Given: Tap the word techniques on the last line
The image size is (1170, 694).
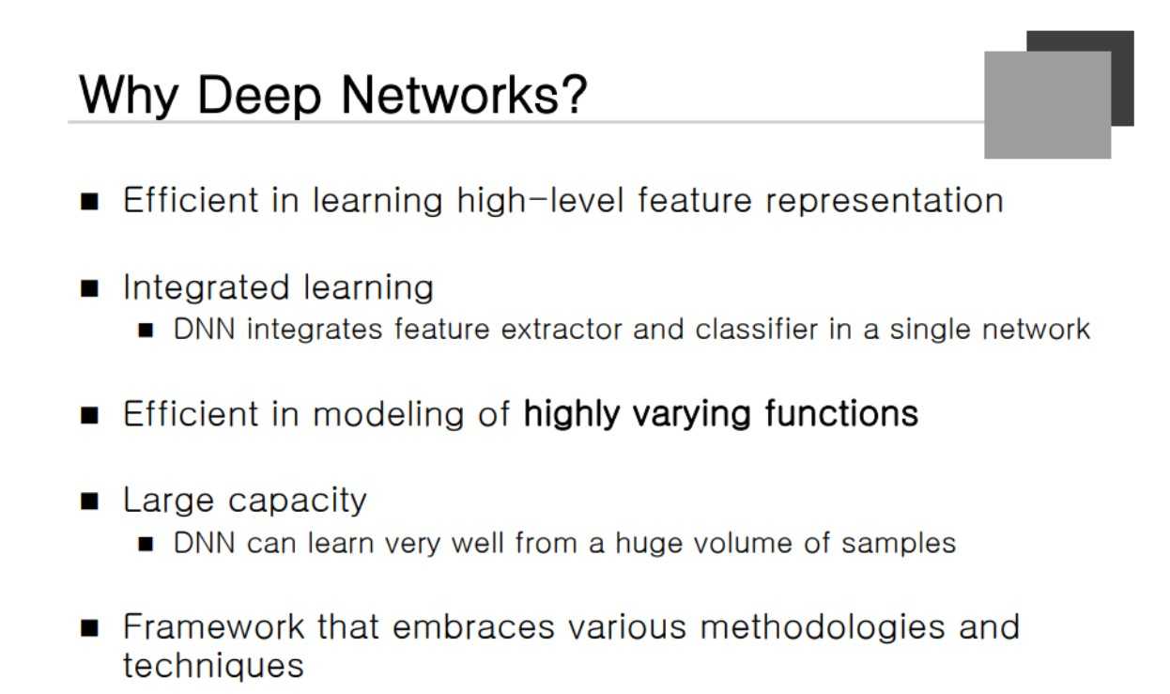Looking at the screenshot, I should click(x=213, y=666).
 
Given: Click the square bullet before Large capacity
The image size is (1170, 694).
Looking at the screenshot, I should click(x=90, y=501).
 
